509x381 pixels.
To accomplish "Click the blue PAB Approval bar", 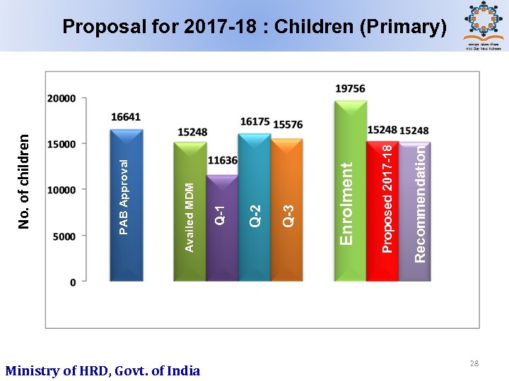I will click(x=127, y=205).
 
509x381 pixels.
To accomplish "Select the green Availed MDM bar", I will click(x=189, y=212).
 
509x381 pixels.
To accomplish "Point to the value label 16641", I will click(x=125, y=116).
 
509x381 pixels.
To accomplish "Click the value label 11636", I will click(x=222, y=161).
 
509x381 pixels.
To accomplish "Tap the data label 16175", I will click(x=255, y=122).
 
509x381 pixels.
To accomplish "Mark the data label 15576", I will click(x=288, y=124).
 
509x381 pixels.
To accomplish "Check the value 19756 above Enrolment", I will click(x=350, y=88).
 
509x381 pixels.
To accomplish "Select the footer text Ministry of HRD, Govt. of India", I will click(x=103, y=370).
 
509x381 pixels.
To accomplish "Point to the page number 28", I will click(x=474, y=363).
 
